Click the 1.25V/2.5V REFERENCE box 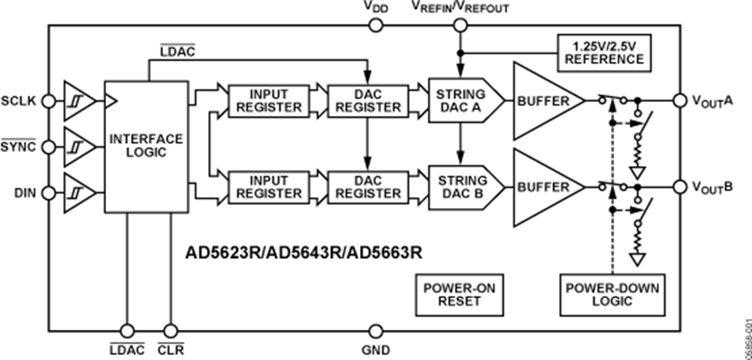pos(603,53)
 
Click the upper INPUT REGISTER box pos(267,100)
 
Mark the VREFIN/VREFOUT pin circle pos(459,26)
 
